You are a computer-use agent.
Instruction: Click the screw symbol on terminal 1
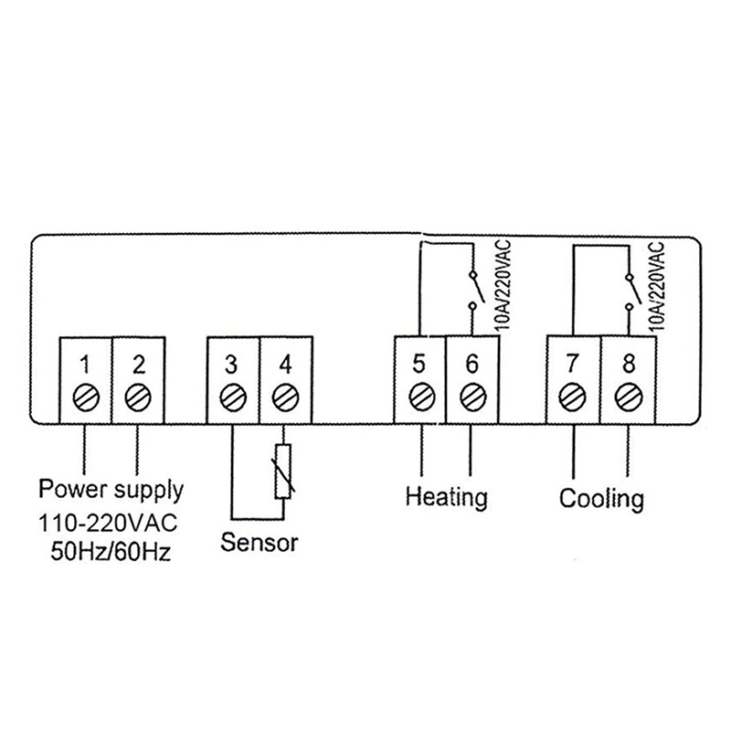(84, 397)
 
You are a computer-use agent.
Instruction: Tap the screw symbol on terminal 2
(138, 397)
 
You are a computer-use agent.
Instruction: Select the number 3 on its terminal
(232, 365)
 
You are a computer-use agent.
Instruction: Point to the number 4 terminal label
(285, 365)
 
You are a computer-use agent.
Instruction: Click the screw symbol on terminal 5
(420, 397)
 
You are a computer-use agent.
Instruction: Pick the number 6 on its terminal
(471, 363)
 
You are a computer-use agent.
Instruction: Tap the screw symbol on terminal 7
(573, 397)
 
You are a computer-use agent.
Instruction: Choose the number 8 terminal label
(628, 364)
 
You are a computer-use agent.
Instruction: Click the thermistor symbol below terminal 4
(283, 472)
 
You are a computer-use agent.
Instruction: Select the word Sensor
(260, 543)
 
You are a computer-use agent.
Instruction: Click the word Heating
(446, 498)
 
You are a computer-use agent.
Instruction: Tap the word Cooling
(601, 499)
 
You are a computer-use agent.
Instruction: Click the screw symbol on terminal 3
(232, 397)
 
